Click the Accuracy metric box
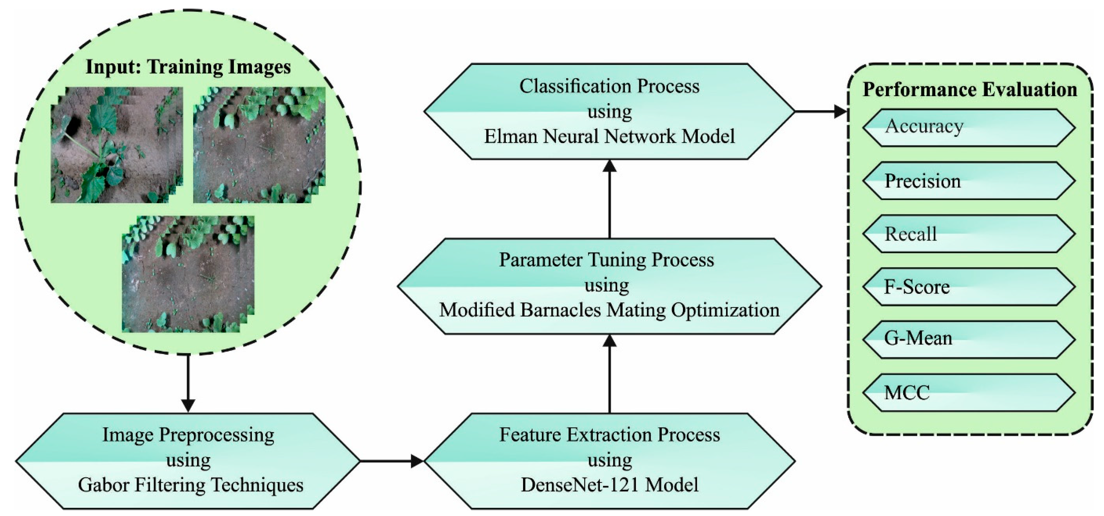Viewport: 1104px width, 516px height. pos(969,128)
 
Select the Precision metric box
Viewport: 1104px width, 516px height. pos(969,181)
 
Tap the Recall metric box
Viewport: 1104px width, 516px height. pos(969,234)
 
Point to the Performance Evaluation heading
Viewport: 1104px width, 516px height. pos(969,89)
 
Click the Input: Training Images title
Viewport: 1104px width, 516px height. pos(188,67)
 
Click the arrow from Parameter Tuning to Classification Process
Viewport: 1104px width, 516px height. pos(609,199)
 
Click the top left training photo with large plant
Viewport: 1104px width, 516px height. pos(116,145)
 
